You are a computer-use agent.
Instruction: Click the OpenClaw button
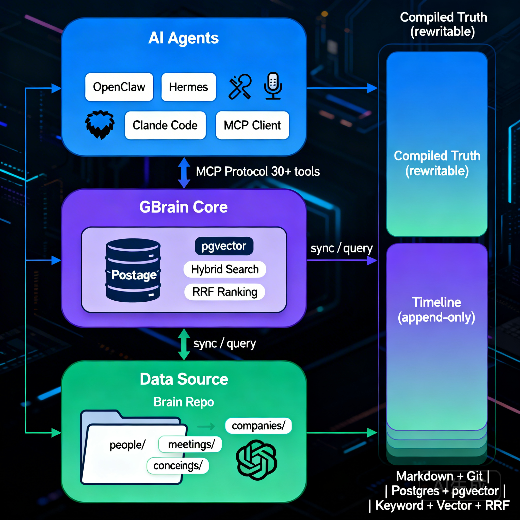(119, 87)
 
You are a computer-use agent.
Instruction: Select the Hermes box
(188, 87)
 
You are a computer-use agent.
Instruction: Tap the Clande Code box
(165, 125)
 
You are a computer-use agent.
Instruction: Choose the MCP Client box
(252, 125)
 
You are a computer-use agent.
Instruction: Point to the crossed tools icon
(240, 87)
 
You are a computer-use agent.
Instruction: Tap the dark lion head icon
(100, 125)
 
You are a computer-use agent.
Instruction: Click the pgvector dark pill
(224, 246)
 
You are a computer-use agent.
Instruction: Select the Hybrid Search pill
(225, 269)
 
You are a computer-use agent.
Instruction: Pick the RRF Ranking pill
(225, 292)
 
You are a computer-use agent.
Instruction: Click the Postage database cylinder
(133, 270)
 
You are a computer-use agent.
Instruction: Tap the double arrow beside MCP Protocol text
(184, 172)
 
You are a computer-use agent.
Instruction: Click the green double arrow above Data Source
(184, 344)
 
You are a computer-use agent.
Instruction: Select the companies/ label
(258, 426)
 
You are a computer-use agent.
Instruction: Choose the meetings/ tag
(190, 444)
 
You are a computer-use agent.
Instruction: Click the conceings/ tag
(178, 466)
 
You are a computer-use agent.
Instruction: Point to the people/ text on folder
(127, 445)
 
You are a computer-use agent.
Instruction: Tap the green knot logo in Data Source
(256, 460)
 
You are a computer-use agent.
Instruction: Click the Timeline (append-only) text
(436, 310)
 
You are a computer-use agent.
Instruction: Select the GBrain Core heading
(183, 207)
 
